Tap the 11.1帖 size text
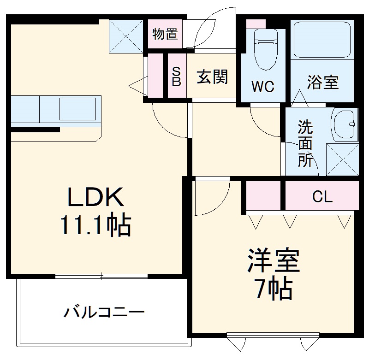coord(95,226)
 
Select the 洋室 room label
coord(274,261)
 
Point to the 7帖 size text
coord(274,289)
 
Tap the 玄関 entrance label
coord(213,77)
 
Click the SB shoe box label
coord(177,77)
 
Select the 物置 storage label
coord(166,35)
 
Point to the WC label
coord(263,86)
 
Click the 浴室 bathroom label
coord(323,83)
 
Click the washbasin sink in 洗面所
coord(344,124)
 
